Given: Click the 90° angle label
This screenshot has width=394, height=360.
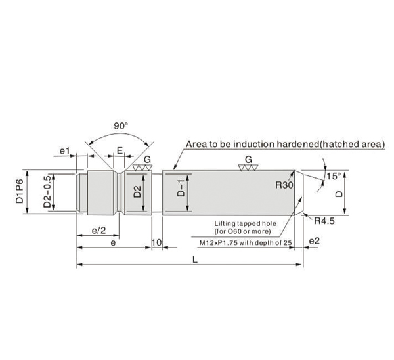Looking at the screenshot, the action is (x=121, y=125).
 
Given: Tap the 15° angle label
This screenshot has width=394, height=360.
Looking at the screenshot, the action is (x=334, y=176).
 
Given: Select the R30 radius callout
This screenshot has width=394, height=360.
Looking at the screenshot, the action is (x=284, y=185).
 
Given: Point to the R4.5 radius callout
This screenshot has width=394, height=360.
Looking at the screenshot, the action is (x=324, y=221).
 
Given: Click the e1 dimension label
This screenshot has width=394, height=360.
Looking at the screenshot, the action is (x=64, y=151).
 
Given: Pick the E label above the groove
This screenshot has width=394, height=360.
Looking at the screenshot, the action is (x=120, y=150).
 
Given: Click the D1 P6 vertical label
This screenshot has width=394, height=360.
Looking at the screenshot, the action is (x=20, y=191).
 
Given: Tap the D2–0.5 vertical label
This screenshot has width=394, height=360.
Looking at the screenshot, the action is (x=47, y=191).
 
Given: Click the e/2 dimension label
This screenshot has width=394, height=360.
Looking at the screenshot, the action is (x=98, y=230).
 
